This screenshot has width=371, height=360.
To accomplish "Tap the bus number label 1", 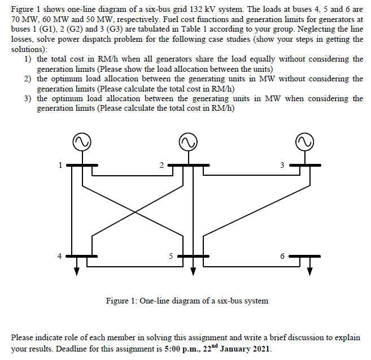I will tap(58, 165).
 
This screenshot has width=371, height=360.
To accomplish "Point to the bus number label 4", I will tap(58, 255).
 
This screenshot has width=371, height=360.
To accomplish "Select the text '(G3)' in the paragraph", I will tap(106, 31).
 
